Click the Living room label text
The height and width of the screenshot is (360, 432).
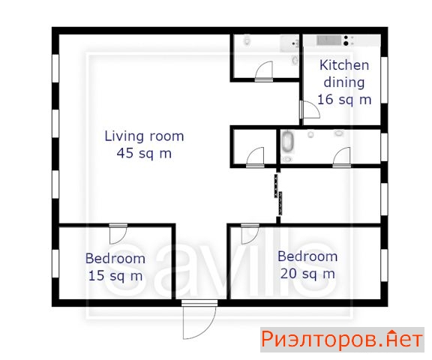coord(144,136)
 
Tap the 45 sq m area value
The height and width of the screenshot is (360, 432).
coord(144,153)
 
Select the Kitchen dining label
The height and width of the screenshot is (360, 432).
coord(344,73)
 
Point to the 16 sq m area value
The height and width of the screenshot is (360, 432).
coord(344,99)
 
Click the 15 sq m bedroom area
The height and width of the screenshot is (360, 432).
coord(115,275)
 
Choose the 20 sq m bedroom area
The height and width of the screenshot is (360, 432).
coord(307,274)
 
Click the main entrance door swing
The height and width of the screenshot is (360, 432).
coord(199,320)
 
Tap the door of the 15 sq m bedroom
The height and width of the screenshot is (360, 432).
coord(118,234)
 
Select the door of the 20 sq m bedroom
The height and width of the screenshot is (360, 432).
coord(250,234)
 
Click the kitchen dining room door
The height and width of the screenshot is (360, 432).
coord(310,109)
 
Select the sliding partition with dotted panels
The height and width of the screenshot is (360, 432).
coord(278,194)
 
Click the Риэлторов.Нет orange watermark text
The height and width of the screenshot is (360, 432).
coord(342,339)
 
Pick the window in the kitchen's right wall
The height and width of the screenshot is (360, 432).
coord(384,80)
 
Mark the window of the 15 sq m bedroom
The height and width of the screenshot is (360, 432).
coord(55,263)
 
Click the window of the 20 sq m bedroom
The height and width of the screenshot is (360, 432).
coord(384,265)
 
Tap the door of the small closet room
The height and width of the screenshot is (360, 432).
coord(255,157)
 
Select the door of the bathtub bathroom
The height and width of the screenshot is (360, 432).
coord(342,157)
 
